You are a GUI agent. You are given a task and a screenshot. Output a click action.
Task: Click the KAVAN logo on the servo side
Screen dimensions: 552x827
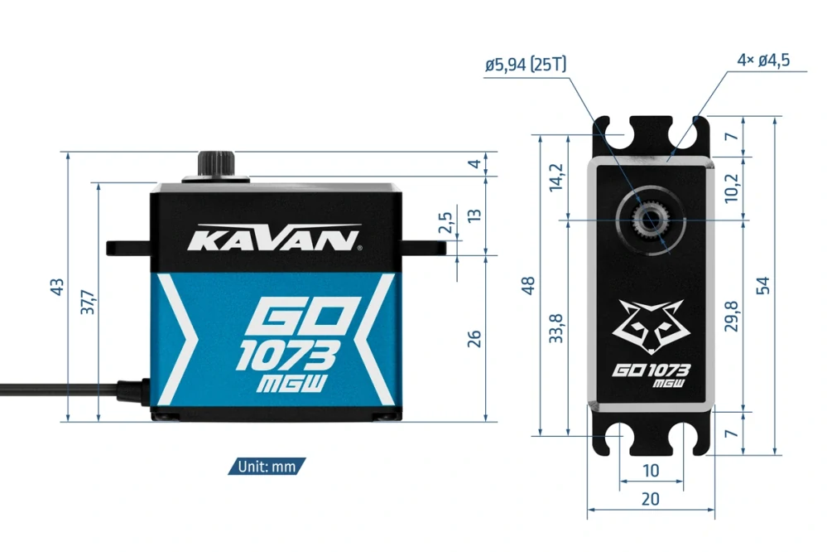[x=274, y=240]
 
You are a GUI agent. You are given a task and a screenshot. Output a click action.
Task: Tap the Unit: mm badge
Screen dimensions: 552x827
[x=267, y=467]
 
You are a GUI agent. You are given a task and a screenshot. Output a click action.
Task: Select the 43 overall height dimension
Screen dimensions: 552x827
[x=57, y=287]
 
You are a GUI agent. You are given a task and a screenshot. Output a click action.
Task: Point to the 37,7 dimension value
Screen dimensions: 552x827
[x=87, y=302]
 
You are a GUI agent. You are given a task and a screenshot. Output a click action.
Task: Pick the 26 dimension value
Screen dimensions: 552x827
[x=474, y=338]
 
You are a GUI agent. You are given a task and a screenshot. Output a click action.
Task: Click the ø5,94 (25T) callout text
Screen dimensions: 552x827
[x=526, y=64]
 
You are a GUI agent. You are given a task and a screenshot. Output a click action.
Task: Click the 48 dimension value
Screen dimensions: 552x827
[x=529, y=284]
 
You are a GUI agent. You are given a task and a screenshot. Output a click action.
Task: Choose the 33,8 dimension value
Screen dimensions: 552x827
[x=556, y=327]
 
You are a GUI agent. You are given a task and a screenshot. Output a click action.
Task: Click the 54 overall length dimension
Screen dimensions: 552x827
[x=763, y=284]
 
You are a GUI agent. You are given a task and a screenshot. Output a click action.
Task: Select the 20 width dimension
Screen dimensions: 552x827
[x=651, y=499]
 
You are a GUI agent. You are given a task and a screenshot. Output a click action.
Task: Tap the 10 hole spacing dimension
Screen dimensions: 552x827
[x=651, y=471]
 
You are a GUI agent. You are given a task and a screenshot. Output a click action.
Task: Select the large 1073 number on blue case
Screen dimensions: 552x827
[x=286, y=356]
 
